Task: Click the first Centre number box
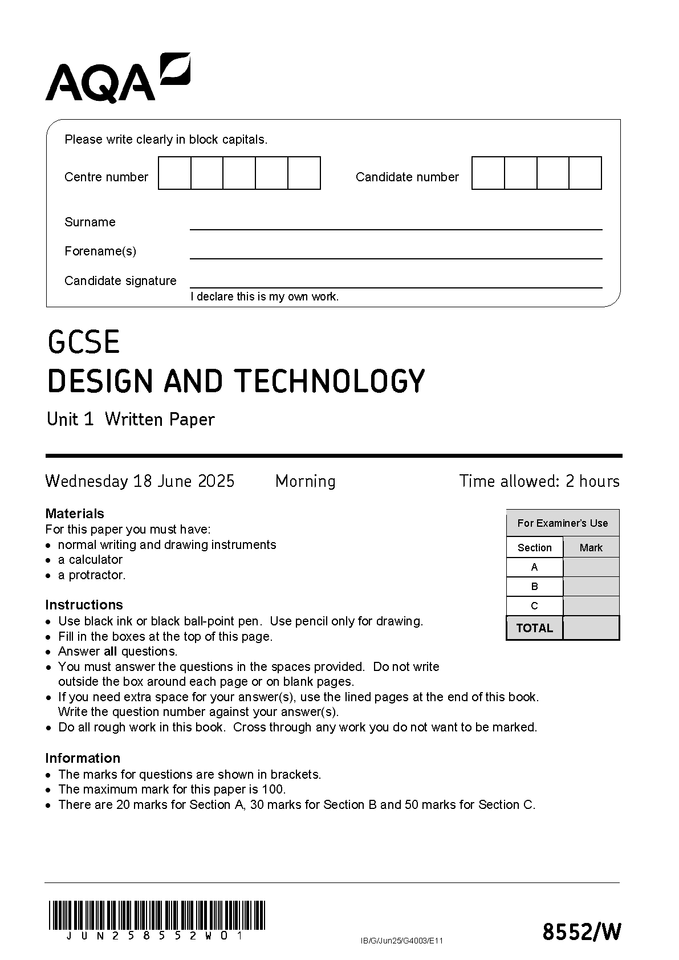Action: (174, 173)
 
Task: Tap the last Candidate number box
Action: (586, 173)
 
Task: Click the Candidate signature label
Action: (120, 280)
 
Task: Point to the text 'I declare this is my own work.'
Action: (265, 296)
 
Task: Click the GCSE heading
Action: (84, 342)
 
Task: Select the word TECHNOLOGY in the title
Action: (330, 381)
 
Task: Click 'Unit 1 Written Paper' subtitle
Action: (131, 420)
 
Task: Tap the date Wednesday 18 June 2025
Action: (140, 481)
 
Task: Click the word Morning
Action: (305, 481)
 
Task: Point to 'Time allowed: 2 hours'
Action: (539, 481)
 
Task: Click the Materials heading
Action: (75, 513)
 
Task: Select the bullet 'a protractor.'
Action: (91, 575)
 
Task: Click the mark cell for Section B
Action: (591, 586)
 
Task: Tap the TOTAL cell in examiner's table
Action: (534, 628)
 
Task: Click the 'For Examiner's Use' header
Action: (562, 523)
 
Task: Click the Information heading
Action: (83, 758)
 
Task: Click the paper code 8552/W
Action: (581, 932)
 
